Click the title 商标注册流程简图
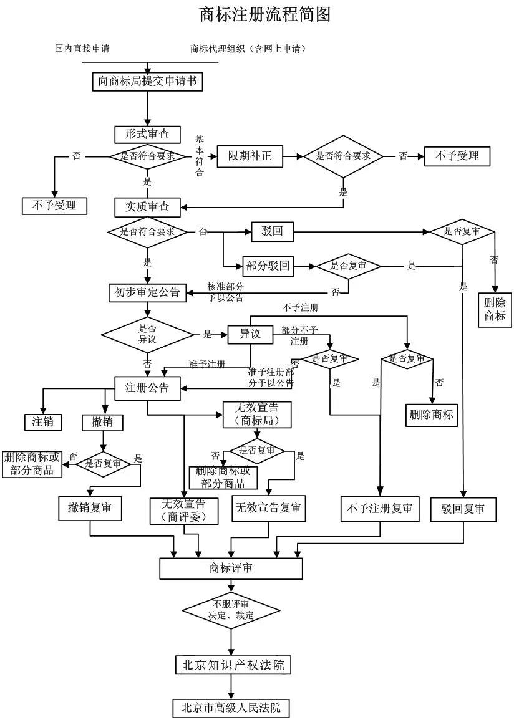(x=264, y=14)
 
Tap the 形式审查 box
(x=147, y=134)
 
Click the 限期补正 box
(x=250, y=156)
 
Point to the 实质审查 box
(x=147, y=206)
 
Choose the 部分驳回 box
(x=268, y=266)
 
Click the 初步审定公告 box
(x=147, y=292)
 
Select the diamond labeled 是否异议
(x=147, y=334)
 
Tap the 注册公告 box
(x=147, y=387)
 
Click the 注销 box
(x=43, y=421)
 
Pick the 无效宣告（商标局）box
(x=257, y=415)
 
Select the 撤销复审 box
(x=90, y=508)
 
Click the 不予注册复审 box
(x=379, y=508)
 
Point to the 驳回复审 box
(x=463, y=508)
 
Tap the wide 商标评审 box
(x=231, y=568)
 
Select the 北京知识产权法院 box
(x=233, y=665)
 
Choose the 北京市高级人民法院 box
(x=231, y=708)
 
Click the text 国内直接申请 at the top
(x=83, y=49)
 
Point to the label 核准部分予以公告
(x=225, y=292)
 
